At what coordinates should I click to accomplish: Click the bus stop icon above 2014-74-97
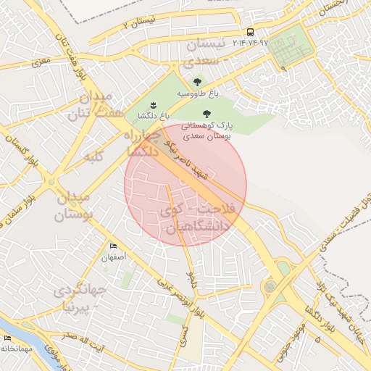coord(250,32)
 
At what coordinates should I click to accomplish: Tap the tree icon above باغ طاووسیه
coord(198,82)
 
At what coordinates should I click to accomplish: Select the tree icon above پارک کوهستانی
coord(207,113)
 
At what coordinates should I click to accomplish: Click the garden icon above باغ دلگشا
coord(153,105)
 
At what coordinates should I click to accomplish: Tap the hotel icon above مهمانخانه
coord(7,338)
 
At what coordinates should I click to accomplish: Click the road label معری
coord(41,62)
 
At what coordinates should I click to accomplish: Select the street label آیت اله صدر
coord(78,338)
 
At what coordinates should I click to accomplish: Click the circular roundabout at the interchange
coord(270,286)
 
